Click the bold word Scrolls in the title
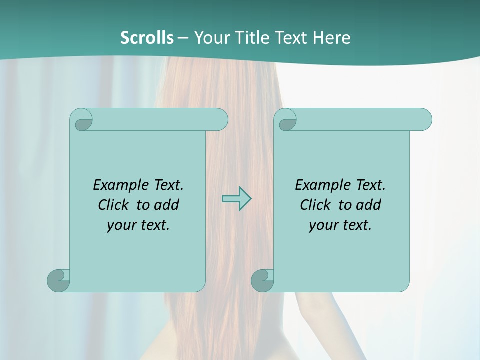[x=147, y=37]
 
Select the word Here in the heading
[x=332, y=37]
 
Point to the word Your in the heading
[x=210, y=37]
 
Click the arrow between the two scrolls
[x=236, y=198]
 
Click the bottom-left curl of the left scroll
[x=58, y=280]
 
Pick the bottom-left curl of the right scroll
[x=262, y=280]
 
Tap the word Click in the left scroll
[x=113, y=205]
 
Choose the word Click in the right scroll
[x=315, y=205]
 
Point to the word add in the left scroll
[x=166, y=205]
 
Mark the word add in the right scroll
[x=368, y=205]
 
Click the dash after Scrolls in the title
[x=183, y=37]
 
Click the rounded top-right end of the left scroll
[x=220, y=119]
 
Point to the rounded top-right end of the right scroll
[x=424, y=119]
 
